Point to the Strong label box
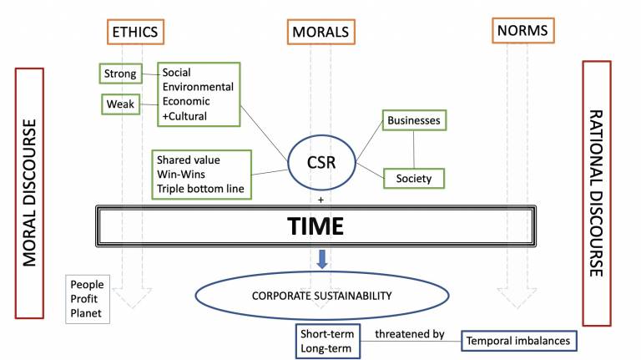tap(120, 74)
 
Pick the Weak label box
tap(119, 104)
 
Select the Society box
tap(413, 177)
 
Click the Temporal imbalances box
tap(517, 340)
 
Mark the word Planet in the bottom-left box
tap(87, 313)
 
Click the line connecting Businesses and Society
tap(414, 149)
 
